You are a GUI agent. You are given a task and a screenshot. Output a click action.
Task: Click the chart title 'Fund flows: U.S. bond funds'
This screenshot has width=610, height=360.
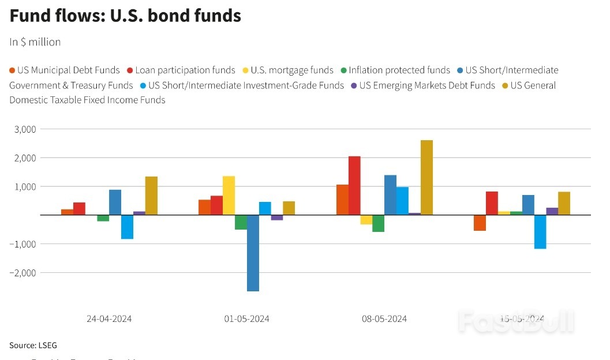(x=125, y=16)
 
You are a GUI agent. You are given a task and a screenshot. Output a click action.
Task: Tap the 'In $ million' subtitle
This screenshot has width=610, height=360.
(x=35, y=42)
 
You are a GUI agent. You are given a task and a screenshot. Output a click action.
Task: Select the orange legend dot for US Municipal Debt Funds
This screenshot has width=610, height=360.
(x=12, y=70)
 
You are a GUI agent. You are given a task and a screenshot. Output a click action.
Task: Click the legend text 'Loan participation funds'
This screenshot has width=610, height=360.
(x=185, y=70)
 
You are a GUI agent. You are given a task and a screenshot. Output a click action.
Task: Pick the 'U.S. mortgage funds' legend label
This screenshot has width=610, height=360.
(x=292, y=70)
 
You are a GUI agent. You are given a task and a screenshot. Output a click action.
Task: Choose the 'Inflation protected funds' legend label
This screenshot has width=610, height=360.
(x=399, y=70)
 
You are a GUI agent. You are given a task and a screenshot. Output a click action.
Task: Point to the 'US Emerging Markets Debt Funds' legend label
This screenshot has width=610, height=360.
(x=427, y=85)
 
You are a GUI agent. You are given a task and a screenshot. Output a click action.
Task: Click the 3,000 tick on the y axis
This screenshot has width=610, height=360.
(x=24, y=129)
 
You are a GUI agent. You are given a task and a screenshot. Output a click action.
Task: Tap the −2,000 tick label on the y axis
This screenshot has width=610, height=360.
(x=22, y=272)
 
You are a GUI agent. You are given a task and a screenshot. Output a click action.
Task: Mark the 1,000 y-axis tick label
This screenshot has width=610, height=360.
(x=24, y=186)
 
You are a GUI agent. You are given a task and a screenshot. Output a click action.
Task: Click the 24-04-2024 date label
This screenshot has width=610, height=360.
(x=109, y=318)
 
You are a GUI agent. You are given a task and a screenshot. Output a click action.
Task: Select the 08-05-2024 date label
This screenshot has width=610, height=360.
(x=384, y=318)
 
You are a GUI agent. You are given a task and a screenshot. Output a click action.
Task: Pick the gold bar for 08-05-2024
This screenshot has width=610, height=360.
(x=426, y=178)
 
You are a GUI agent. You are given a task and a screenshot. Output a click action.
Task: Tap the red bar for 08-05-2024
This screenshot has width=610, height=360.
(x=354, y=186)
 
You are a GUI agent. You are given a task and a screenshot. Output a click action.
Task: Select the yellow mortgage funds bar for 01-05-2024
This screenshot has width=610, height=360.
(x=229, y=196)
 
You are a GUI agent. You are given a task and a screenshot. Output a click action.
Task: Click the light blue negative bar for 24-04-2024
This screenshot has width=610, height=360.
(x=127, y=227)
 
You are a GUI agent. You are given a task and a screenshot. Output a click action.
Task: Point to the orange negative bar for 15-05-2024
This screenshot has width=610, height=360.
(x=480, y=223)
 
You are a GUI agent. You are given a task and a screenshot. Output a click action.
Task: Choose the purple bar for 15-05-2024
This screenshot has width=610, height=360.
(x=552, y=211)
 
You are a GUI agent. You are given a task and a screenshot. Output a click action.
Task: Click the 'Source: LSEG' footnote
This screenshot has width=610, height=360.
(x=33, y=345)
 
